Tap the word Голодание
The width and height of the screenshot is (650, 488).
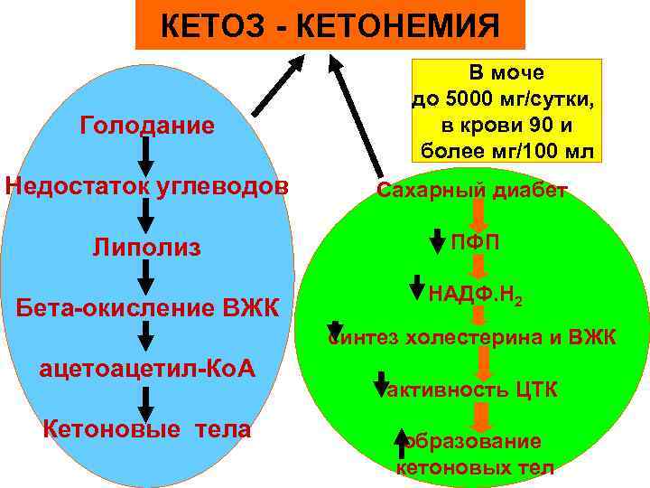coord(148,125)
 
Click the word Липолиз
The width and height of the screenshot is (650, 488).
coord(146,247)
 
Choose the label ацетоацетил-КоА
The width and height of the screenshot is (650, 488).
coord(147,369)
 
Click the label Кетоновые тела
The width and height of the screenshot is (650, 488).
coord(147,429)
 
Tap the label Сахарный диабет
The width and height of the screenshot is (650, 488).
coord(472,191)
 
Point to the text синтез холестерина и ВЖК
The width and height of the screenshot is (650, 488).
coord(472,338)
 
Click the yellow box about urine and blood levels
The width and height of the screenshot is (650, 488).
coord(506,110)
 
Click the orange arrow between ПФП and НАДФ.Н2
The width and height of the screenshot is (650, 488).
coord(481,267)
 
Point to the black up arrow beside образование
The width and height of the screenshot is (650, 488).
coord(402,444)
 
